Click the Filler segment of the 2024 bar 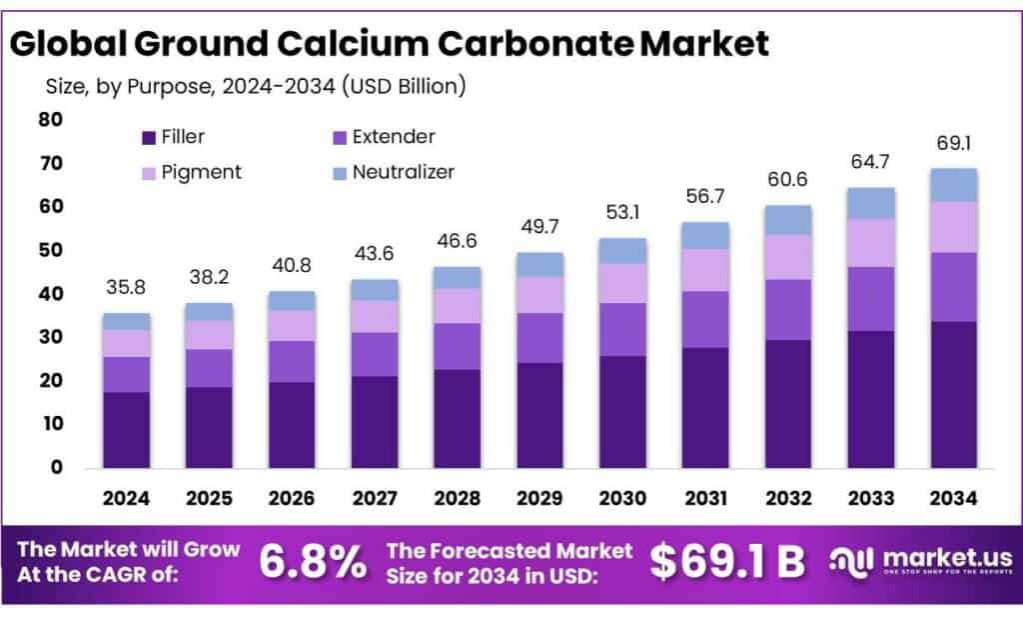point(126,430)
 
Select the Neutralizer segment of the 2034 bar point(953,185)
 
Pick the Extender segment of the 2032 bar point(788,309)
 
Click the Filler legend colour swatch point(150,138)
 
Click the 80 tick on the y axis point(51,120)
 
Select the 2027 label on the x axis point(375,497)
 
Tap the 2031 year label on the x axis point(705,497)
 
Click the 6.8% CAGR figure point(313,563)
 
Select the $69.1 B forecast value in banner point(727,563)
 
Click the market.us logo point(920,562)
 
